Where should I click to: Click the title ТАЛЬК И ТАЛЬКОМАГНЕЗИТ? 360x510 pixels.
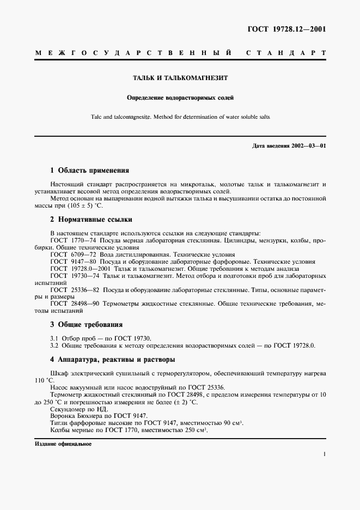tap(180, 78)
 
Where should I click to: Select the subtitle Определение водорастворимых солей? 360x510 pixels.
tap(180, 98)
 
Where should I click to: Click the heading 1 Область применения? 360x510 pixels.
tap(89, 170)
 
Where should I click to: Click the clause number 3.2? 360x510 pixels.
tap(54, 345)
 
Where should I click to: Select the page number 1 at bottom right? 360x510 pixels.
tap(324, 454)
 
